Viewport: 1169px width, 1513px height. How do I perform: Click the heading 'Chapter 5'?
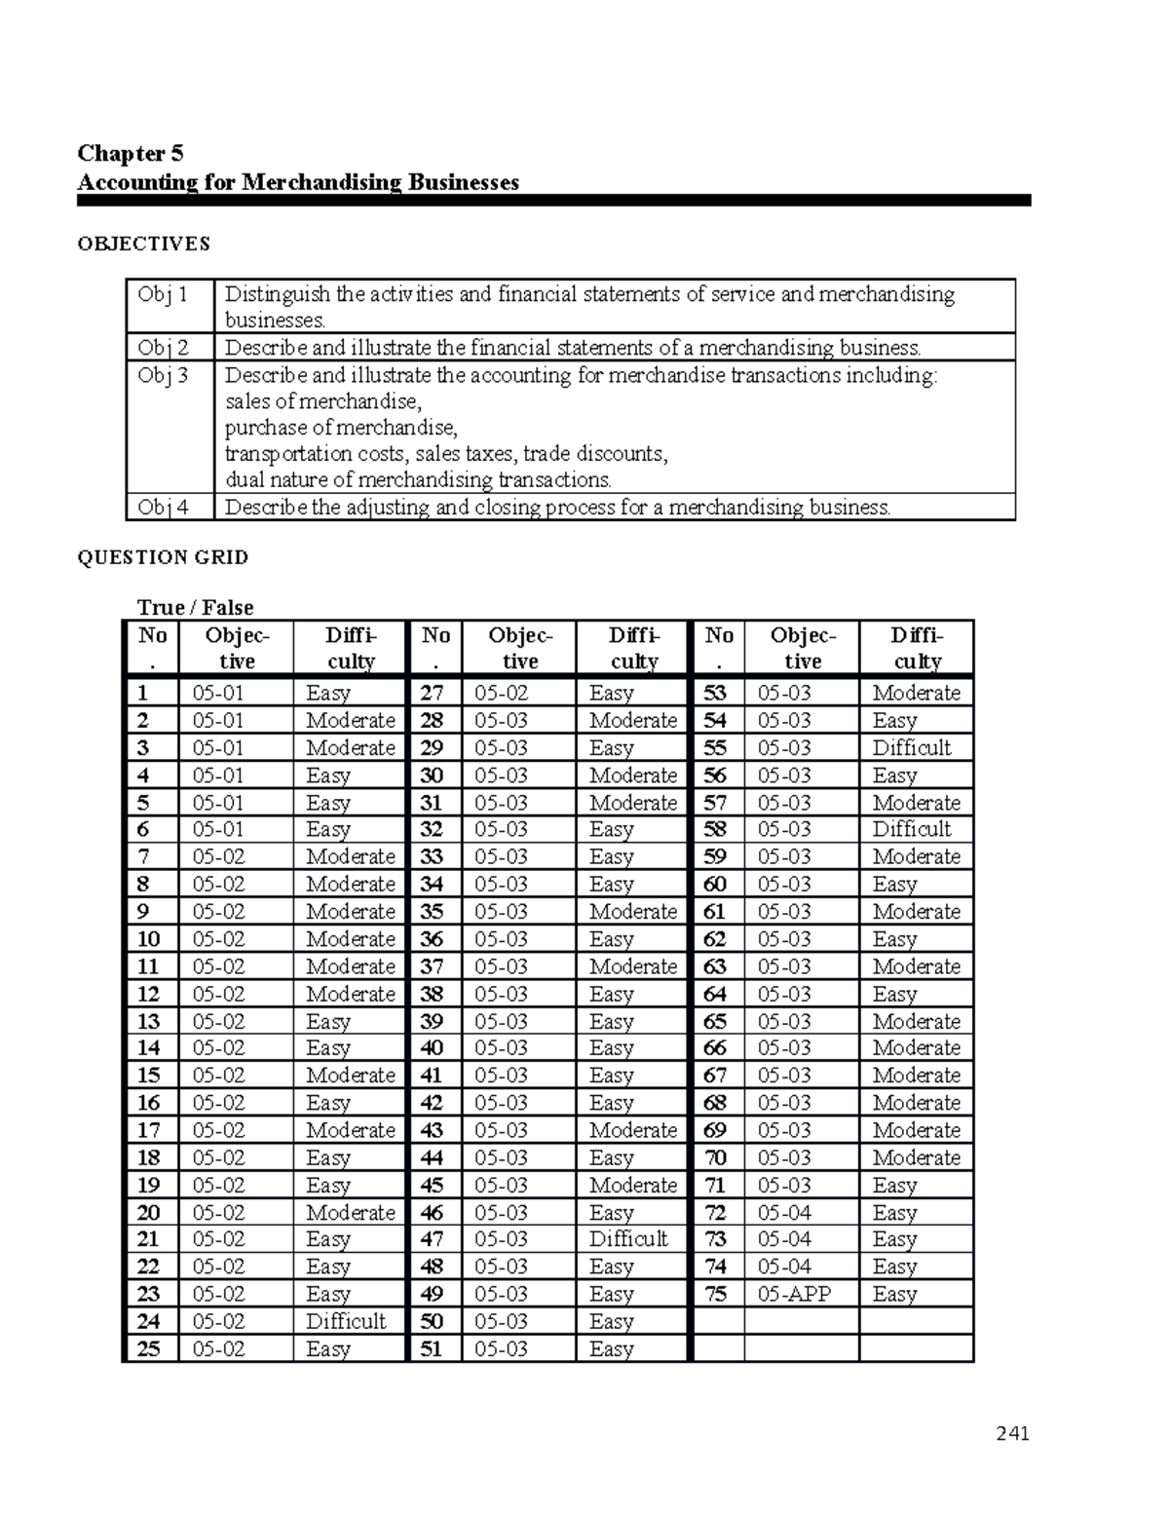pyautogui.click(x=131, y=153)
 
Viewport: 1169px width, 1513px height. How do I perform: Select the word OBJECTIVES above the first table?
pyautogui.click(x=143, y=244)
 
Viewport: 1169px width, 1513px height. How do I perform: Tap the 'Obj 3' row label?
pyautogui.click(x=163, y=375)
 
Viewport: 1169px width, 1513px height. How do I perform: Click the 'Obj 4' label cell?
pyautogui.click(x=163, y=507)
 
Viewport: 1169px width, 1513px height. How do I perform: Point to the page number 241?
pyautogui.click(x=1012, y=1433)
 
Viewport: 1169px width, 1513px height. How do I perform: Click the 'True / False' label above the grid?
pyautogui.click(x=195, y=607)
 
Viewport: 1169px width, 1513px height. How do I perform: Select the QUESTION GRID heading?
pyautogui.click(x=163, y=557)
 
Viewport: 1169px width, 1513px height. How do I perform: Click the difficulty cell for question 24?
pyautogui.click(x=346, y=1321)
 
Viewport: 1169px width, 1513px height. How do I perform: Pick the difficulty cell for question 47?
pyautogui.click(x=628, y=1239)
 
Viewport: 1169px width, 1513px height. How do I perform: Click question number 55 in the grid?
pyautogui.click(x=715, y=747)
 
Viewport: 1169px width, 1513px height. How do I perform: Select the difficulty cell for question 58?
pyautogui.click(x=911, y=829)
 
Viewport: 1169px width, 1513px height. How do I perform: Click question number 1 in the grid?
pyautogui.click(x=143, y=693)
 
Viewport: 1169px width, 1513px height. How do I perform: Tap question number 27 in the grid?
pyautogui.click(x=432, y=693)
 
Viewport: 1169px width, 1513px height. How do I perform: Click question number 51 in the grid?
pyautogui.click(x=432, y=1348)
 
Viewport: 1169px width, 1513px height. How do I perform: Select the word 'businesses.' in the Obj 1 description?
pyautogui.click(x=276, y=321)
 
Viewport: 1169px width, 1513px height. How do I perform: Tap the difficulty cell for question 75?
pyautogui.click(x=894, y=1294)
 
